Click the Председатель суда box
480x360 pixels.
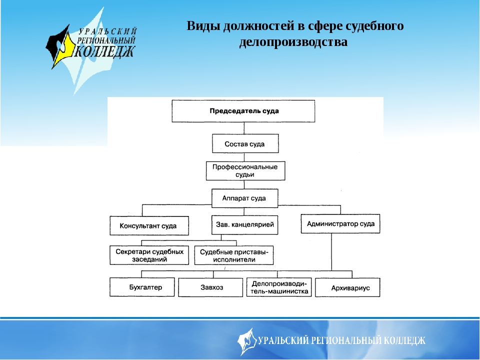click(x=243, y=110)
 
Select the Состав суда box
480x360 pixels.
click(x=244, y=144)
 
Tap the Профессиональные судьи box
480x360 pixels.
click(x=245, y=170)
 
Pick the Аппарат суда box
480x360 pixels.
click(x=244, y=198)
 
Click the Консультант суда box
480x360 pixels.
click(x=149, y=225)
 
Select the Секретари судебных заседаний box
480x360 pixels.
click(x=149, y=255)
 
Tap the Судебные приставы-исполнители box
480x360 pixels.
click(x=234, y=255)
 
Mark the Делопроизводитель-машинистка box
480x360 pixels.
click(x=279, y=287)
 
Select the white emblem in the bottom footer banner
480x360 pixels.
click(x=246, y=341)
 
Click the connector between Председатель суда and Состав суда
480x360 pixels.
click(x=244, y=128)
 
